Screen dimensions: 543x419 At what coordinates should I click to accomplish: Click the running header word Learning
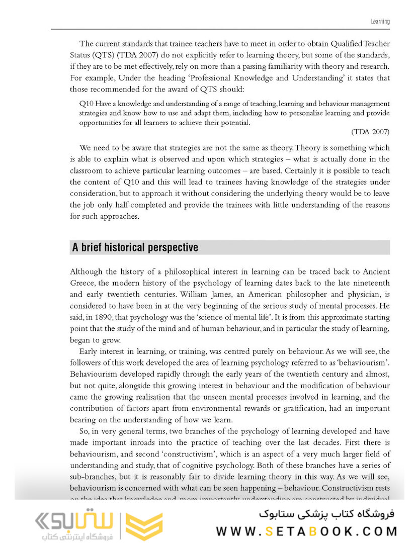[380, 22]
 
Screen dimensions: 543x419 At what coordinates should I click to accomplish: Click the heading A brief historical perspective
[135, 248]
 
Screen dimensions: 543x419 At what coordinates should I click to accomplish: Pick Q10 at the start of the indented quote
[86, 104]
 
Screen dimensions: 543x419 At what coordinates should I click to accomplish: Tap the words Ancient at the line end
[375, 271]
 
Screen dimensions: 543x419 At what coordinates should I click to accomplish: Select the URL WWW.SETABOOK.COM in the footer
[307, 531]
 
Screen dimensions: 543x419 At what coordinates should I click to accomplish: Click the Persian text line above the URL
[327, 514]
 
